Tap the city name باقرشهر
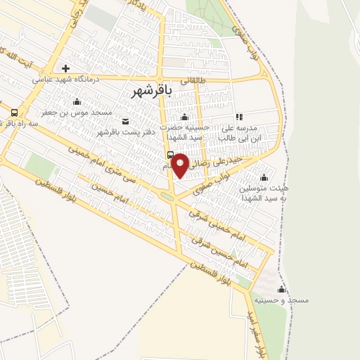pyautogui.click(x=152, y=91)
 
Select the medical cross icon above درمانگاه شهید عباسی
pyautogui.click(x=65, y=69)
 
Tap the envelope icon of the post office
pyautogui.click(x=126, y=121)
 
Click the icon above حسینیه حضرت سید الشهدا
pyautogui.click(x=184, y=117)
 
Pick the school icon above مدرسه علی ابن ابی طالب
pyautogui.click(x=239, y=117)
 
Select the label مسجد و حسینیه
pyautogui.click(x=282, y=300)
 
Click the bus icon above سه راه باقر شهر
pyautogui.click(x=15, y=112)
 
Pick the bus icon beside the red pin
pyautogui.click(x=170, y=155)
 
